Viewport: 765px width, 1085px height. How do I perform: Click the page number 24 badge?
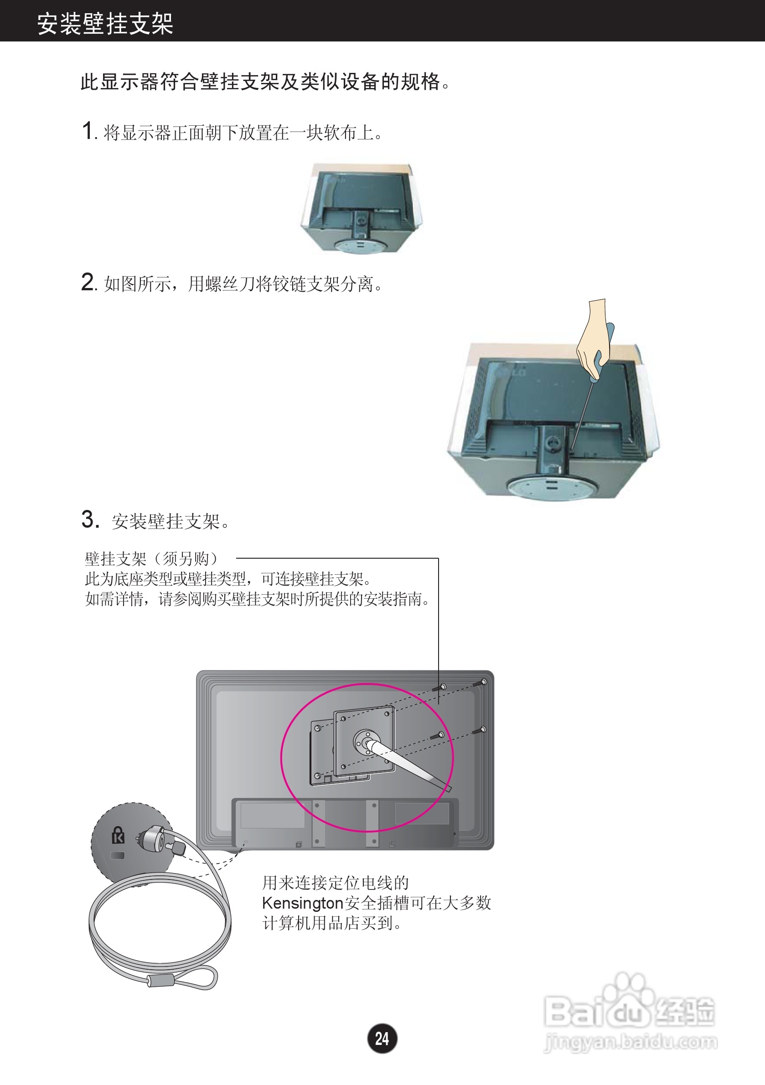[x=382, y=1039]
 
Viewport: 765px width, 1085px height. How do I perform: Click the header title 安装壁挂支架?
[x=105, y=23]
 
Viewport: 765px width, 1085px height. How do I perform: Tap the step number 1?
[x=88, y=130]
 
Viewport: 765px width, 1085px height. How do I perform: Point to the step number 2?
[x=88, y=282]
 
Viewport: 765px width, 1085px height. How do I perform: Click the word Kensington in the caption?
[x=303, y=903]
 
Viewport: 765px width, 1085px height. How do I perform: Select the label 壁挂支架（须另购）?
[x=151, y=559]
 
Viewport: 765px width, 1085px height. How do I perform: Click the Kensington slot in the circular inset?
[x=118, y=856]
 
